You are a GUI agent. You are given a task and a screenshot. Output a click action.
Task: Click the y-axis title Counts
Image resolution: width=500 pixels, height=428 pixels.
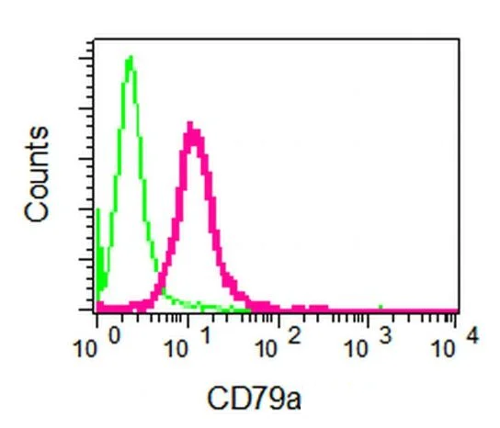38,175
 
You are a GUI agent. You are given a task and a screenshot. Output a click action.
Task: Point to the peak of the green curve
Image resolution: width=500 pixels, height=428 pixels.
131,58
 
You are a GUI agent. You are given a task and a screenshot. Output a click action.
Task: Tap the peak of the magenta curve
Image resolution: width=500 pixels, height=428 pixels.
190,124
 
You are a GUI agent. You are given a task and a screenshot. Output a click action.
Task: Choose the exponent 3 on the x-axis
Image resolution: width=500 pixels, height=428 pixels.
385,337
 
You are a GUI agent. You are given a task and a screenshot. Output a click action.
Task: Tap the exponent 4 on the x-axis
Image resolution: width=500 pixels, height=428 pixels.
472,337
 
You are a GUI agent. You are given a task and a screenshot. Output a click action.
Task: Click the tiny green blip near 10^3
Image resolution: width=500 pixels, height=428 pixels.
381,305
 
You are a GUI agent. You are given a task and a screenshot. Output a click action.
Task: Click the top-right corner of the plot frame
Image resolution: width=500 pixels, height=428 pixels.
458,40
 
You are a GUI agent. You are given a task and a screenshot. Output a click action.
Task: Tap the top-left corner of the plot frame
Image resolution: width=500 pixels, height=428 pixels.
96,40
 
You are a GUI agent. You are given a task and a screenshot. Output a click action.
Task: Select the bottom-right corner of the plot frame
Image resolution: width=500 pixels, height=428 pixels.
458,312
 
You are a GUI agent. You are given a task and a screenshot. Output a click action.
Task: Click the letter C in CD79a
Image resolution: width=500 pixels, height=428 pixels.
218,400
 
